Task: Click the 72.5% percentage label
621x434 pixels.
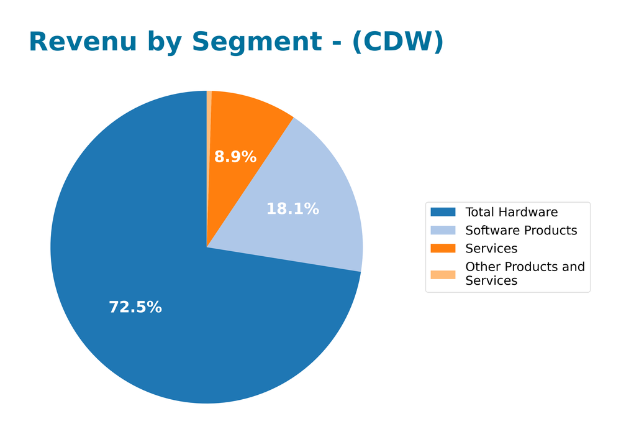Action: [x=135, y=307]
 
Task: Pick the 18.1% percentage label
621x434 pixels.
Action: [x=292, y=210]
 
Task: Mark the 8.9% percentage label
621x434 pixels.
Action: [x=235, y=157]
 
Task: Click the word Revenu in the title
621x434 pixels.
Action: [x=84, y=42]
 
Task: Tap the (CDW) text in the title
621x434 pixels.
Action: [x=397, y=42]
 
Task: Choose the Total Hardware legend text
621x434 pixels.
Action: [x=511, y=212]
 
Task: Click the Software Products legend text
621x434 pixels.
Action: [x=521, y=230]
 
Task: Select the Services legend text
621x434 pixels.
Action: [x=491, y=249]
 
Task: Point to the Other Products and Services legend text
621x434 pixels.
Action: [x=525, y=274]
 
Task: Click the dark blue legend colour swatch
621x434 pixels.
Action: [x=443, y=212]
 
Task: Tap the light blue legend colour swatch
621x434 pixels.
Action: [x=443, y=230]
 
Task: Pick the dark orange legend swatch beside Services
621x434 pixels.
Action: [x=443, y=249]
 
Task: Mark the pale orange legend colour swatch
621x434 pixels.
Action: [x=443, y=274]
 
